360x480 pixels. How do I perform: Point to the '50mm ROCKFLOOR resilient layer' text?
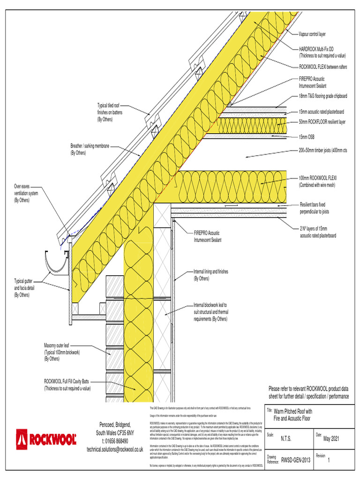322,122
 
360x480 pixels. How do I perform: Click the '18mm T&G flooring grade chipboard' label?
323,96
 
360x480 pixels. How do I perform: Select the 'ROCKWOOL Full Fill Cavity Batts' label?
67,385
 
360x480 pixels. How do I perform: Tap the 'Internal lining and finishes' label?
211,275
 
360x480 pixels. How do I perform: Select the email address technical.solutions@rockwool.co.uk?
115,449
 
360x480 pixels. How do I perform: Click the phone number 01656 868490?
115,441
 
